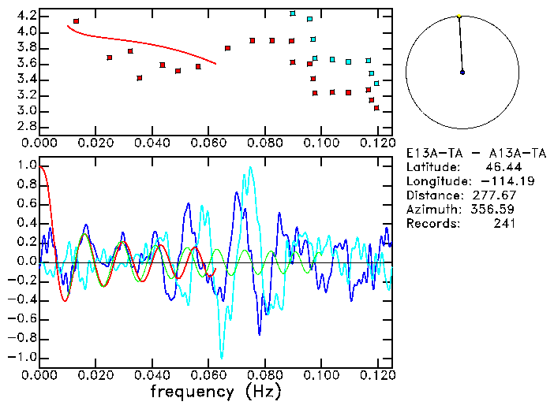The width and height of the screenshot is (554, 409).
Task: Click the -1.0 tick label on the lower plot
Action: tap(24, 357)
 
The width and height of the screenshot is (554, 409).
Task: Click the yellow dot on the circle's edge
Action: tap(459, 16)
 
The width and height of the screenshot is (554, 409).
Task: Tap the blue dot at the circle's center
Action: tap(462, 73)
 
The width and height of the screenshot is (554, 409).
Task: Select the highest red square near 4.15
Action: tap(76, 21)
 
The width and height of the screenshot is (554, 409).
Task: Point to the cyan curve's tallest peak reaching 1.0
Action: tap(250, 167)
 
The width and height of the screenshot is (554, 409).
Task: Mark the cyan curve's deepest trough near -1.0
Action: tap(222, 357)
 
